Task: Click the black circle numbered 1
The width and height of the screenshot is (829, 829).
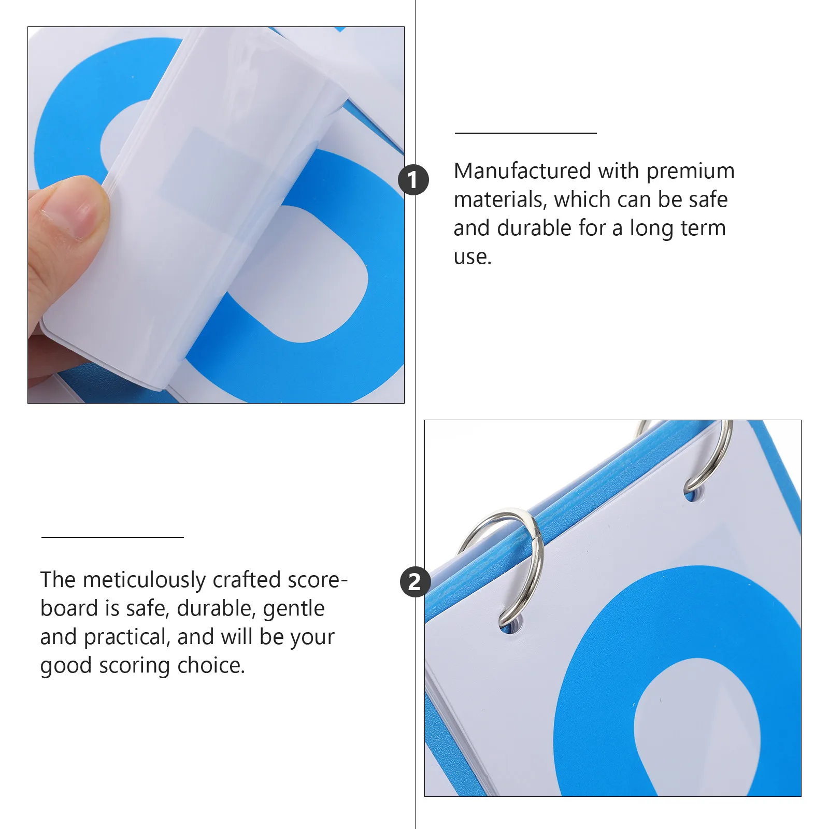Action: point(413,180)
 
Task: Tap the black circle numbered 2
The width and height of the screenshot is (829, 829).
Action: point(415,581)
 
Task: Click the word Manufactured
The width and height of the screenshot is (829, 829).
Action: point(522,171)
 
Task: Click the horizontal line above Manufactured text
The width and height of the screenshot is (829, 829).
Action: point(526,133)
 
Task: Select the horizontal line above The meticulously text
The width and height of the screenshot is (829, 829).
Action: point(113,537)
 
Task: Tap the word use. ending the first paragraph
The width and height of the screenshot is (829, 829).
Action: point(473,257)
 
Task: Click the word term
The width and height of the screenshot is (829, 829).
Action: point(703,228)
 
